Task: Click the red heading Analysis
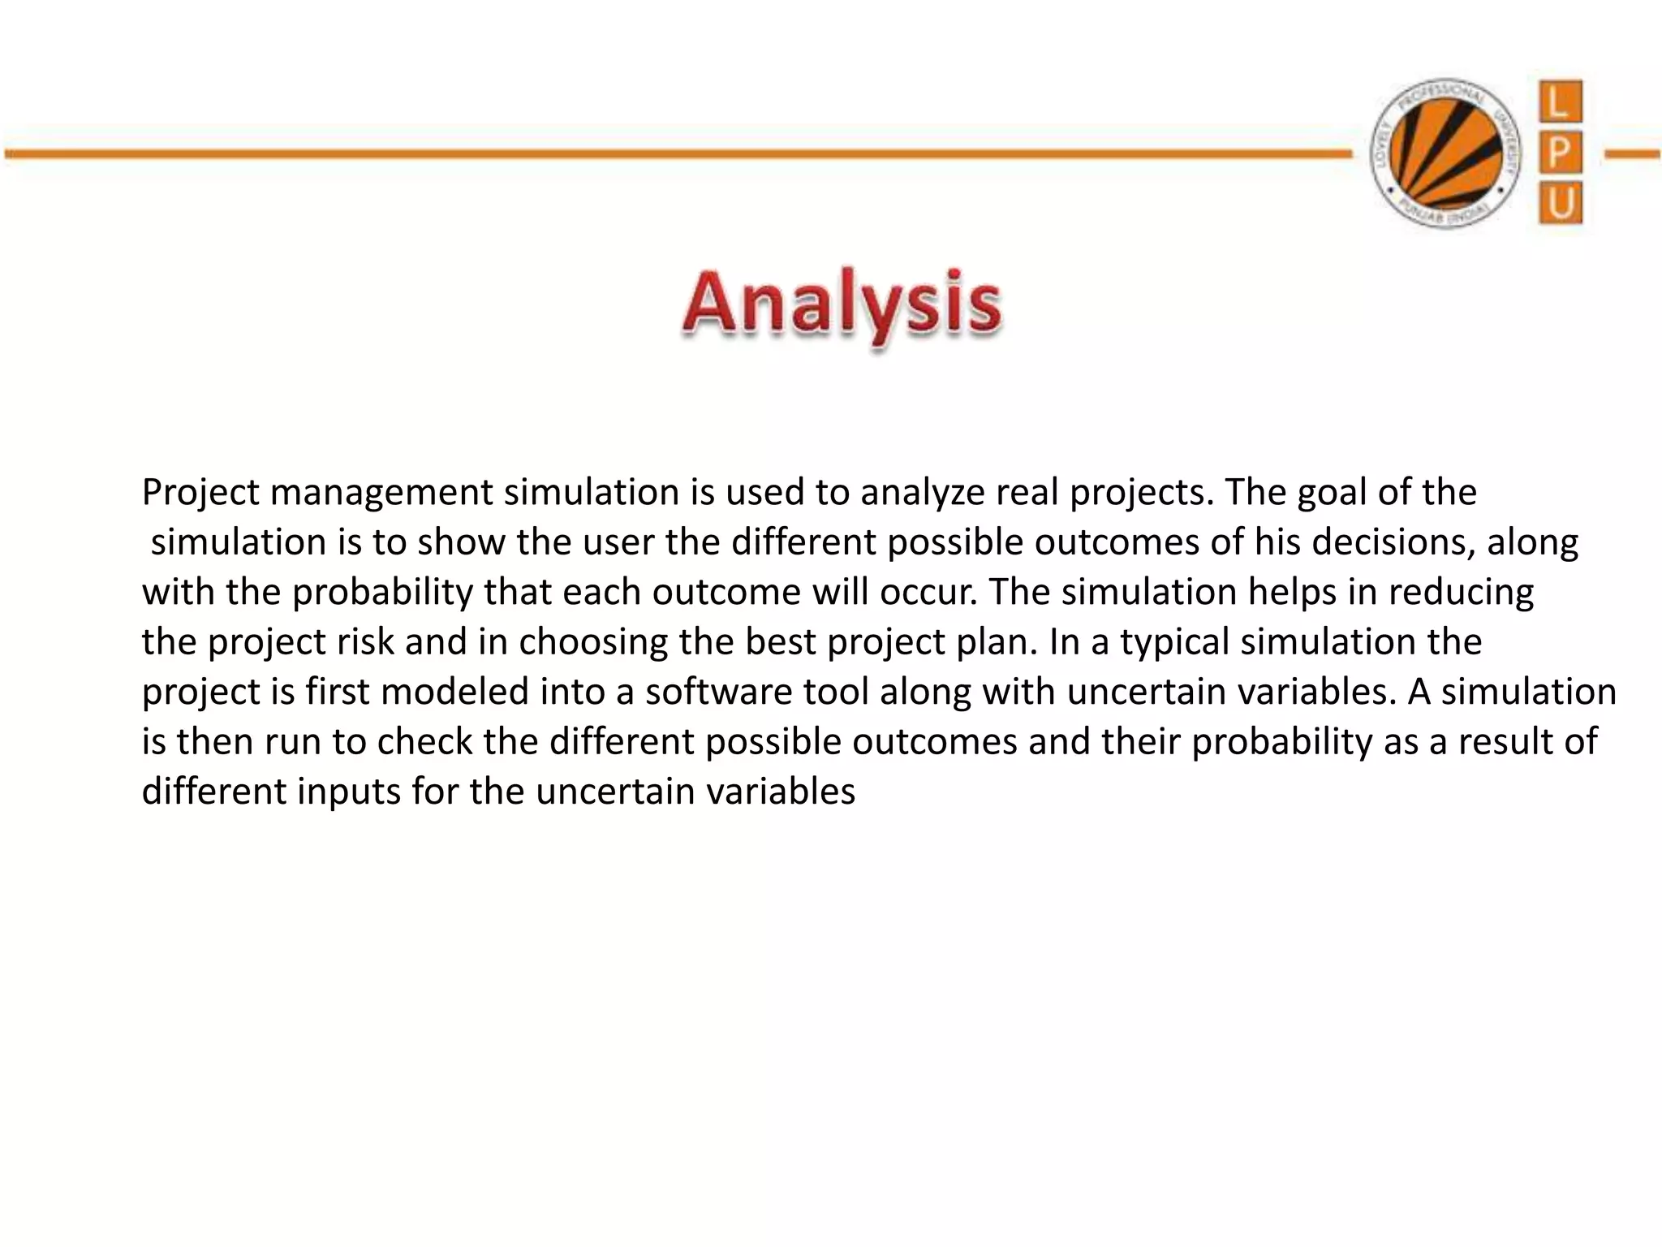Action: coord(842,307)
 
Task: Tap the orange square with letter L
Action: coord(1560,103)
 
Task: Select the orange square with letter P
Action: coord(1560,152)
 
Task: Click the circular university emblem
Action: coord(1445,153)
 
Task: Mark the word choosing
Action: coord(593,642)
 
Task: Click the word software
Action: coord(718,693)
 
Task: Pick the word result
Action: coord(1501,742)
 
